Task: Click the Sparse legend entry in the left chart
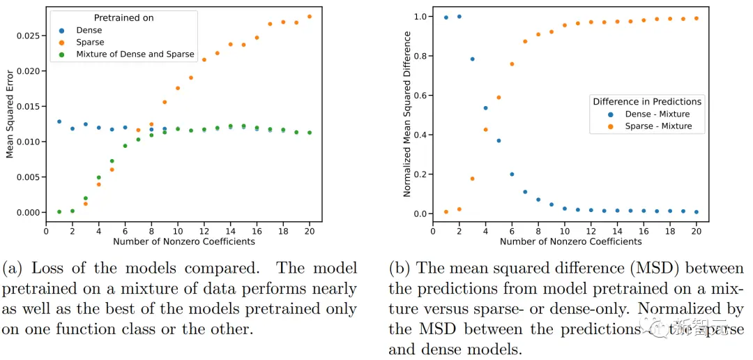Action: pos(90,42)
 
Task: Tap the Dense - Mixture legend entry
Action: pos(657,114)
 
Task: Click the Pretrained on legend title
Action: pos(124,17)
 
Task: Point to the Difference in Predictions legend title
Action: pos(647,101)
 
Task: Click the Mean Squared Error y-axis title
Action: pos(10,113)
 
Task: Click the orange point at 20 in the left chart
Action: pos(310,16)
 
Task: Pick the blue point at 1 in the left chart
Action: pos(59,121)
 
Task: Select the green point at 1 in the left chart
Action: pos(59,211)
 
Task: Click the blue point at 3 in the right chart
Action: pos(472,59)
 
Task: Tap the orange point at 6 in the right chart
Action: pos(512,64)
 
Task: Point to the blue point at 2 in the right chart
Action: pos(459,16)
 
